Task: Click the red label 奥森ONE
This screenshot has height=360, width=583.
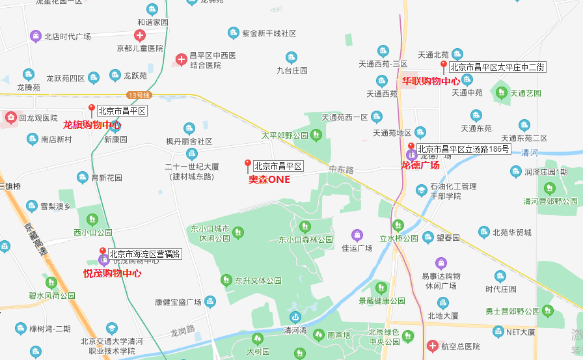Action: click(x=269, y=179)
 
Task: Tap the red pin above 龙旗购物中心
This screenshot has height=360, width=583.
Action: click(x=92, y=109)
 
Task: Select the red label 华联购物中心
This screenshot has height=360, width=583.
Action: click(x=430, y=81)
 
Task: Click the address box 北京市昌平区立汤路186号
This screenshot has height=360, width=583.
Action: click(x=463, y=149)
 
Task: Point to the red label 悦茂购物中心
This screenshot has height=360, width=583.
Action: click(x=112, y=273)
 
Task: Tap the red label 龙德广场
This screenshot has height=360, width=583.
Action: click(x=420, y=165)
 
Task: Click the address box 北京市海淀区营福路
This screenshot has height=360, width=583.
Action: click(x=145, y=254)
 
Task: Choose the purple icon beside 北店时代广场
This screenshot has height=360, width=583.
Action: click(x=35, y=36)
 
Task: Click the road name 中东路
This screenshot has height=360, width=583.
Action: click(x=341, y=169)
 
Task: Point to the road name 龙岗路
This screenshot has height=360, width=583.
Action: click(x=183, y=330)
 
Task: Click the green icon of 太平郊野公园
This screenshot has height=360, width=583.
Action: click(x=316, y=135)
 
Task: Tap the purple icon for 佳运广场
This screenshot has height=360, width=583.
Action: click(x=357, y=235)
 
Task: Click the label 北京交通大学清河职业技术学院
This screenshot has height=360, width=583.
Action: click(x=108, y=346)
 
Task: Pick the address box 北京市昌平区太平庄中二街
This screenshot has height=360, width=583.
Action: click(x=498, y=66)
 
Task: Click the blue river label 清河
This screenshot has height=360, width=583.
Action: click(x=529, y=153)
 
